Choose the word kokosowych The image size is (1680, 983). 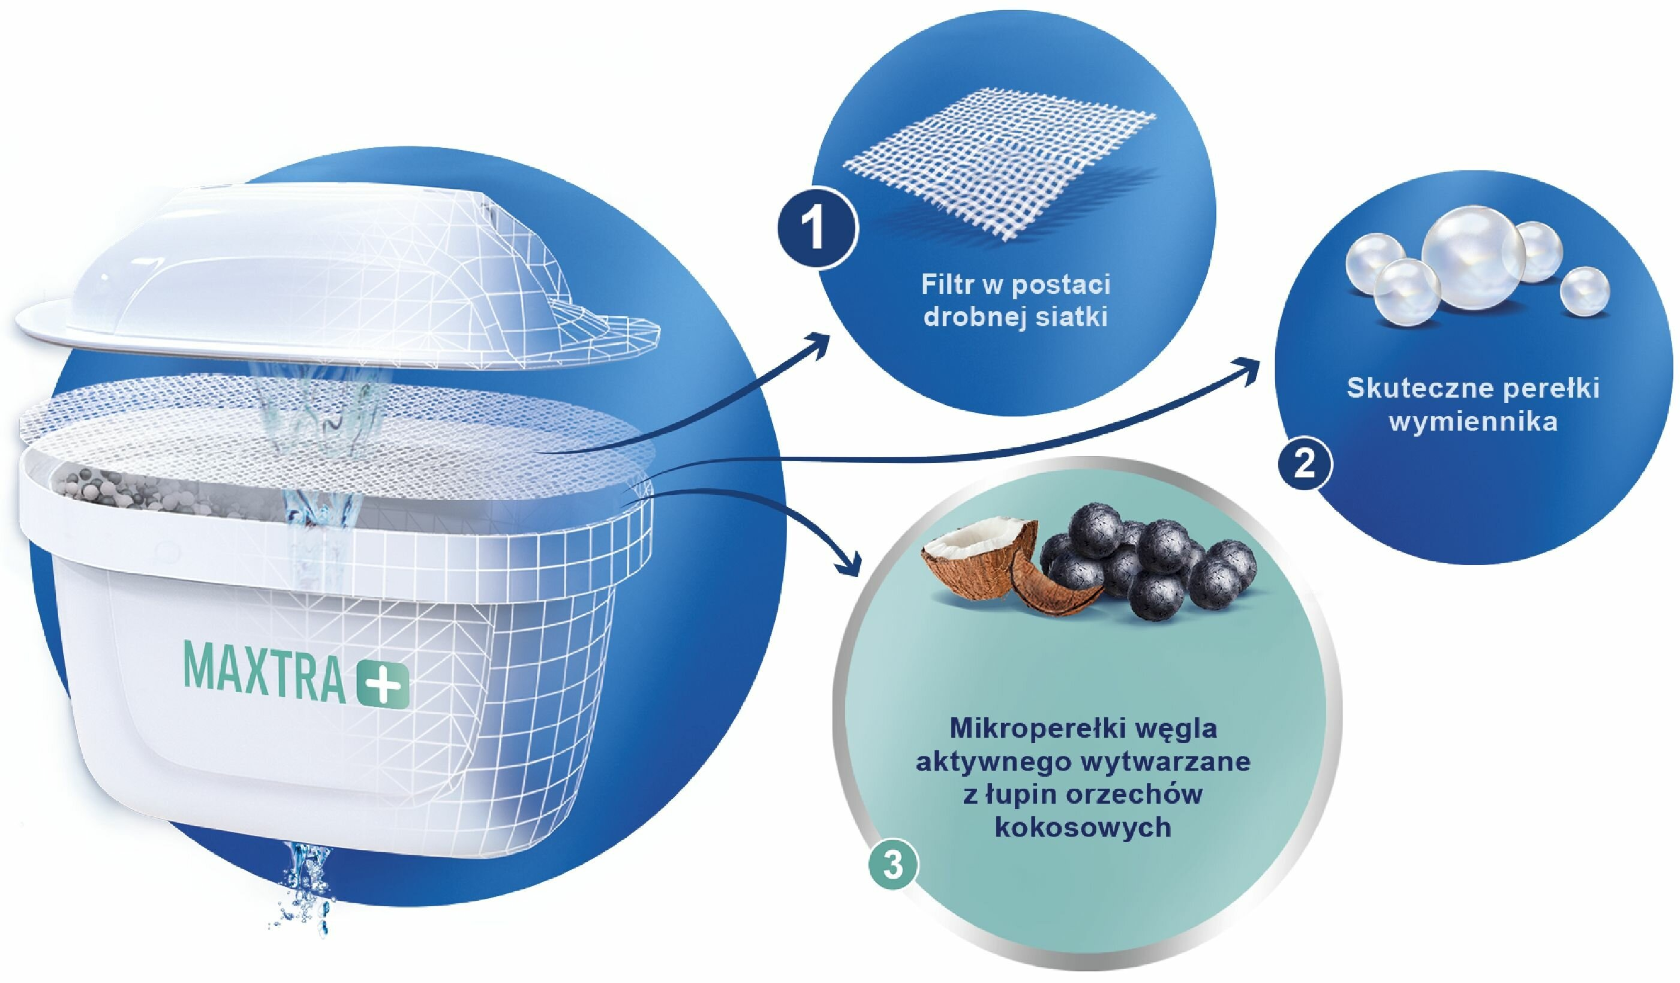point(1083,827)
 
